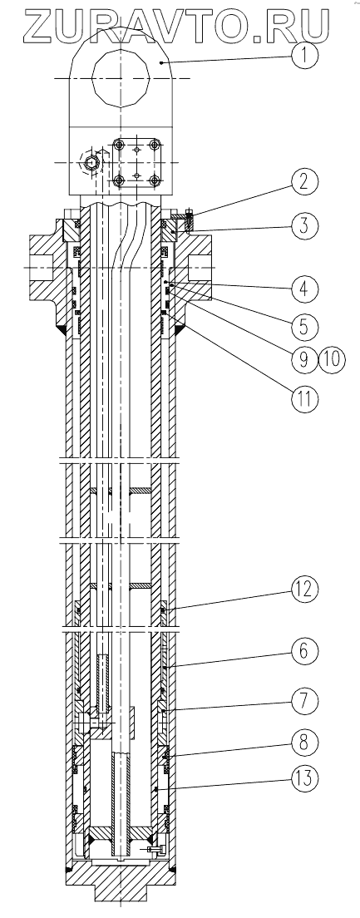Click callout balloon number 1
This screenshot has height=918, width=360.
[x=303, y=57]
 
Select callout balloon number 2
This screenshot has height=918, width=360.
[x=304, y=183]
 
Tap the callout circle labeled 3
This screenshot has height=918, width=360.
[x=304, y=226]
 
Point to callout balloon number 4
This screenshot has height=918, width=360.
[x=304, y=289]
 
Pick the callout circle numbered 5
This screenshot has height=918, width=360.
[x=304, y=324]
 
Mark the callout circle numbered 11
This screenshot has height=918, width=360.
[x=304, y=398]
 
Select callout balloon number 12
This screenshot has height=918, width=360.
[x=304, y=590]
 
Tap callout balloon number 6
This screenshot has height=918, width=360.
[x=304, y=651]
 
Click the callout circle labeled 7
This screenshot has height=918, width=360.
[x=304, y=700]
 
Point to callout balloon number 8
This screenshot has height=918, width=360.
[x=304, y=741]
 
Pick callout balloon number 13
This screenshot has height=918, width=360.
[x=304, y=779]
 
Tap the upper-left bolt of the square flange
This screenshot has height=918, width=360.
[x=120, y=146]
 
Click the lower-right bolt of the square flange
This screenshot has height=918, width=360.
[x=155, y=180]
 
